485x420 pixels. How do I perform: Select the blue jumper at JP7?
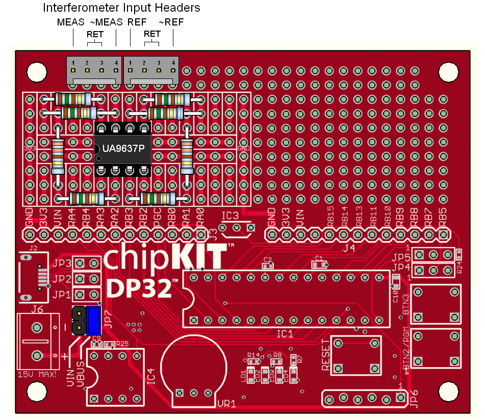pos(94,320)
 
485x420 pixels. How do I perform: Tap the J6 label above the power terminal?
pos(37,309)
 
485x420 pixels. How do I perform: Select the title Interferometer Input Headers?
pos(121,8)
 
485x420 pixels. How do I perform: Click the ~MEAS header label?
pos(106,22)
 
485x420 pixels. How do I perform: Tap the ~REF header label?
pos(171,22)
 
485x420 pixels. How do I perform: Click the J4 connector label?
pos(349,249)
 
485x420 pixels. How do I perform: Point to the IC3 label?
pos(230,216)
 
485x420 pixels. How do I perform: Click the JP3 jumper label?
pos(62,264)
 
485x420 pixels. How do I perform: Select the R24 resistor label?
pos(461,266)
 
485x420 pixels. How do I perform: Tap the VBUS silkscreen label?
pos(80,375)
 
